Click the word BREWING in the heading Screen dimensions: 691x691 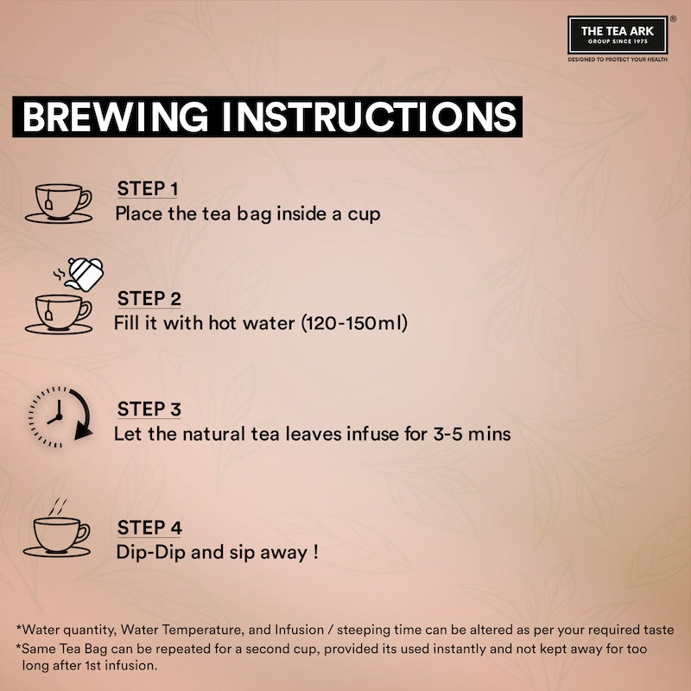coord(115,117)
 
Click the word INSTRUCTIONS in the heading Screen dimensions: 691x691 coord(370,117)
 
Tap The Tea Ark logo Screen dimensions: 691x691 coord(618,35)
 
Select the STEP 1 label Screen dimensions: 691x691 coord(147,188)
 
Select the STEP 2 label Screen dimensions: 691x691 coord(149,299)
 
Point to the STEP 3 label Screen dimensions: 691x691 coord(149,409)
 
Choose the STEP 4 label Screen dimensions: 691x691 coord(149,528)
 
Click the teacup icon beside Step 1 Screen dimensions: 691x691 coord(59,204)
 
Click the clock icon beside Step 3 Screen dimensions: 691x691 coord(60,417)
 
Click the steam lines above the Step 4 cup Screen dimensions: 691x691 coord(57,507)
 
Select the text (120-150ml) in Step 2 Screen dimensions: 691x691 coord(354,323)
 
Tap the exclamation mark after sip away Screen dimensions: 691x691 coord(315,552)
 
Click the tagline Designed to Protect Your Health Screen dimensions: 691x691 coord(618,59)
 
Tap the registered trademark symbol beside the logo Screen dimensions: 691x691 coord(673,19)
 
